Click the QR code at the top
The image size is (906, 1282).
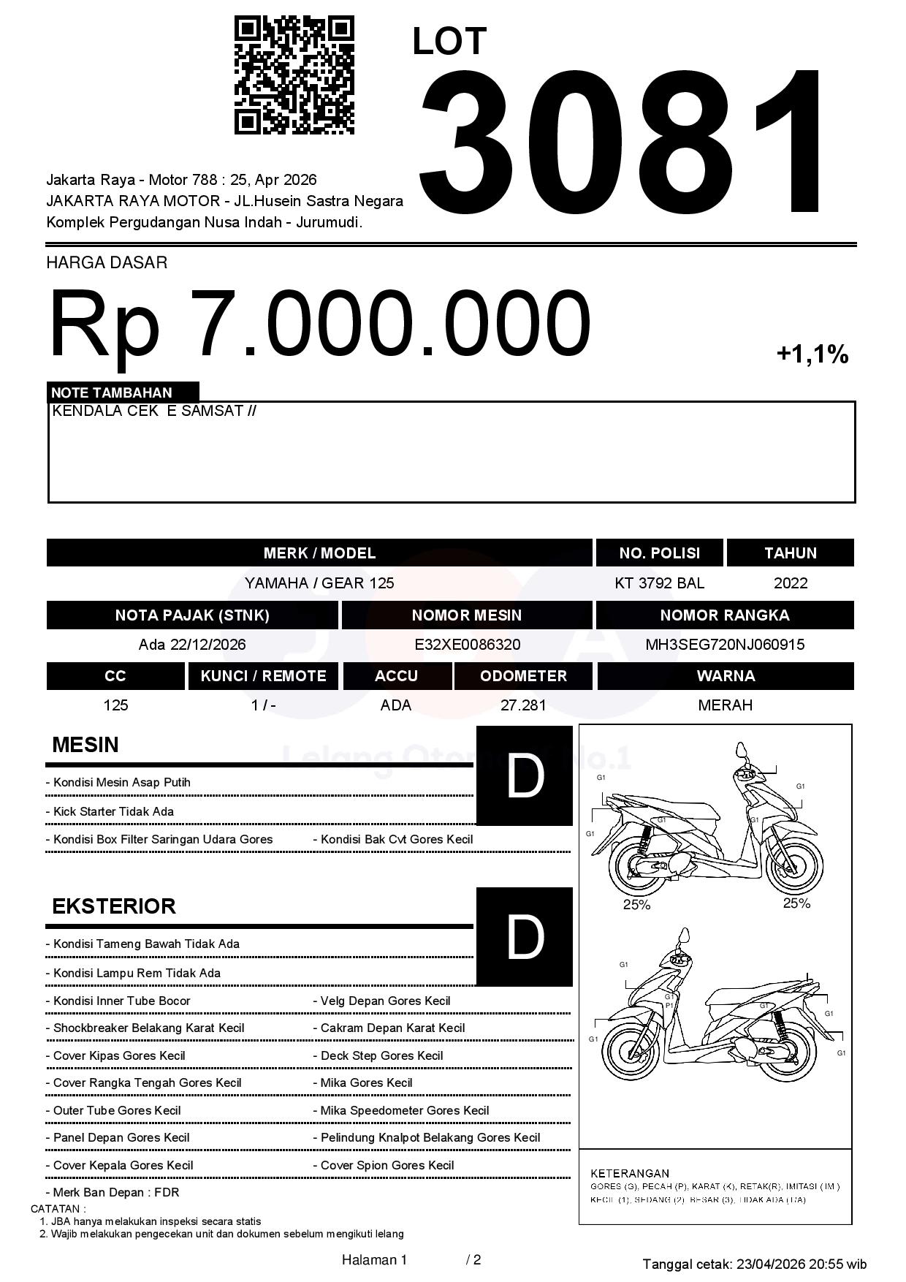tap(294, 75)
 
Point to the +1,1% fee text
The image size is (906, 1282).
tap(812, 355)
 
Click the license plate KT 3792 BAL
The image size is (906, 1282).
tap(659, 583)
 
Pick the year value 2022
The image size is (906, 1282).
tap(790, 583)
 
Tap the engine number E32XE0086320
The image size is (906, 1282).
tap(467, 645)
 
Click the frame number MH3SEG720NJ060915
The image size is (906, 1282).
tap(724, 645)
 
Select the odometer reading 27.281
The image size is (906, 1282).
tap(523, 705)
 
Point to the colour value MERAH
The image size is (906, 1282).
tap(725, 705)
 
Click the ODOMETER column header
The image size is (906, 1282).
tap(523, 676)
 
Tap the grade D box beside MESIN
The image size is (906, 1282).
tap(525, 775)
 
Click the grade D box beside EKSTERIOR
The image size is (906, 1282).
tap(525, 936)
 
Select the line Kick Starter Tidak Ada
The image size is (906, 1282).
tap(113, 811)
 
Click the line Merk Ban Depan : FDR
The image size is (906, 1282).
tap(115, 1192)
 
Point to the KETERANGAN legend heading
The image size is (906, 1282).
tap(629, 1173)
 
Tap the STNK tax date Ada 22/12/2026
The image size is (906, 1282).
tap(192, 645)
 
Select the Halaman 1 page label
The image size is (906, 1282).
tap(374, 1259)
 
